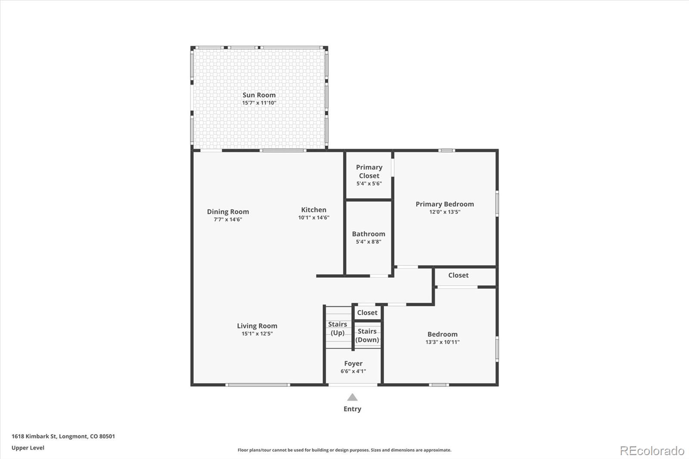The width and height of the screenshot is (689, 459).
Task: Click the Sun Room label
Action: coord(259,95)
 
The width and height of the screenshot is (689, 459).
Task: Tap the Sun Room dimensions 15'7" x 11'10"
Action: coord(259,103)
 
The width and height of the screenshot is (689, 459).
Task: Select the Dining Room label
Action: coord(228,212)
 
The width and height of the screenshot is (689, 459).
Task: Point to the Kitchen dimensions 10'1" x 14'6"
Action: coord(314,217)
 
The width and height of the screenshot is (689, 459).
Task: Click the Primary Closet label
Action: coord(369,171)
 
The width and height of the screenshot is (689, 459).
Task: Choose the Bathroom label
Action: coord(369,234)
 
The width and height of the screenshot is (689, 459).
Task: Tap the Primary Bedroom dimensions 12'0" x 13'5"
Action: coord(445,212)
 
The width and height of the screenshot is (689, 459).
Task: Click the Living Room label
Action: coord(257,326)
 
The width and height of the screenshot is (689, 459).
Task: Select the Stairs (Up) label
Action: coord(338,329)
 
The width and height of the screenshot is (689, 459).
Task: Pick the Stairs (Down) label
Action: coord(367,335)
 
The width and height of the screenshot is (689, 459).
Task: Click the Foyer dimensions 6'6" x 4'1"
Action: coord(353,371)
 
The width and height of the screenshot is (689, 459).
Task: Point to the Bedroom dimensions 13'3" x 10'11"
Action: coord(442,342)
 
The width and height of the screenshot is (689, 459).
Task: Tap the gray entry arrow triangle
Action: coord(352,397)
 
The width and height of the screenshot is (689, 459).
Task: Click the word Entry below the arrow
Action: coord(352,409)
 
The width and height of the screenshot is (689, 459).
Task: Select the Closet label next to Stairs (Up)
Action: coord(367,313)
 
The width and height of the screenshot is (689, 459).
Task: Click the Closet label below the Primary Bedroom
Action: coord(458,275)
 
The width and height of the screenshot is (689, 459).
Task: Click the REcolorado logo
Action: coord(652,451)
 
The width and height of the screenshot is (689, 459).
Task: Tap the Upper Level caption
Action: coord(28,448)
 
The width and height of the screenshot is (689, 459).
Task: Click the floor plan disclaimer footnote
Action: coord(344,450)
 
